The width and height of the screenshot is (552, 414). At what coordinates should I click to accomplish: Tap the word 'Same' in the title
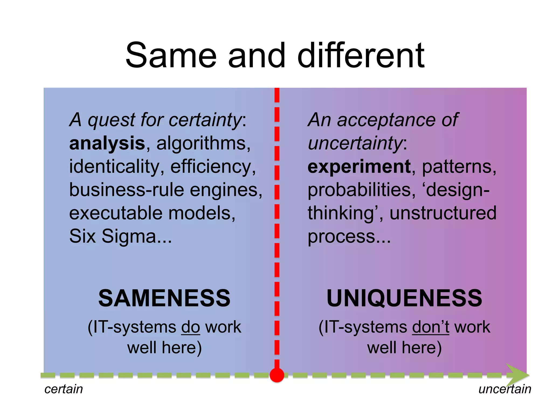pyautogui.click(x=171, y=56)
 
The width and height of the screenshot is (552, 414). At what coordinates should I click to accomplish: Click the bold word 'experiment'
pyautogui.click(x=359, y=167)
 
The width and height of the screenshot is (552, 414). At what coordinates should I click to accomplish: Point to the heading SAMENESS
pyautogui.click(x=164, y=298)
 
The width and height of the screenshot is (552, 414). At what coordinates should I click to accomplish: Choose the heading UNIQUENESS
pyautogui.click(x=404, y=298)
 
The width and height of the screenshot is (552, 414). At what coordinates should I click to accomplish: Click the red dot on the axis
pyautogui.click(x=277, y=375)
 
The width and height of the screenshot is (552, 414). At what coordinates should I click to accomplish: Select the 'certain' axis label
pyautogui.click(x=64, y=389)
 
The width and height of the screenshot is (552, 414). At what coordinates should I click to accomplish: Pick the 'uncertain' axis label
pyautogui.click(x=505, y=389)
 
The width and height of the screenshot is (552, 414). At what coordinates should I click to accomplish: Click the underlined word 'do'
pyautogui.click(x=191, y=327)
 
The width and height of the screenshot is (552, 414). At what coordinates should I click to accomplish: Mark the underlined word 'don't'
pyautogui.click(x=430, y=327)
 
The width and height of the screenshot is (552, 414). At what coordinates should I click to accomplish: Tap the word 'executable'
pyautogui.click(x=116, y=213)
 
